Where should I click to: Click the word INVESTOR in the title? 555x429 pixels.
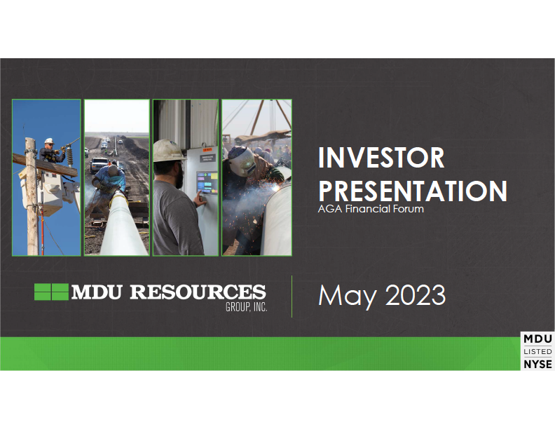coord(381,158)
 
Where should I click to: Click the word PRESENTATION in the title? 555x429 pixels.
coord(413,191)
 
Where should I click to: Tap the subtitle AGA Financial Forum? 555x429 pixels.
coord(371,209)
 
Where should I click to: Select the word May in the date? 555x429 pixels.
coord(347,297)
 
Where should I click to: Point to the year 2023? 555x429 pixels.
coord(415,294)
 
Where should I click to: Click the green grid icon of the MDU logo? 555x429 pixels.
coord(51,292)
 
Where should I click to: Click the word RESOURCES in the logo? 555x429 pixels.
coord(198,292)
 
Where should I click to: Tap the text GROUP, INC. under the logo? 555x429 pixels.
coord(247,307)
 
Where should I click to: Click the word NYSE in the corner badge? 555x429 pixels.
coord(537,365)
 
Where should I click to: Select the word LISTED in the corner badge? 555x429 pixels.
coord(537,351)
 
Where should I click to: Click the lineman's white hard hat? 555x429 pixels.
coord(49,141)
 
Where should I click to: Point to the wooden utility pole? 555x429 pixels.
coord(32,196)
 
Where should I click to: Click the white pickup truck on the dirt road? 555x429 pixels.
coord(98,165)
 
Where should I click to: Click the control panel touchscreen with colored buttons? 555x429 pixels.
coord(207,182)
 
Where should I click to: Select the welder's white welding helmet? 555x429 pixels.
coord(242,161)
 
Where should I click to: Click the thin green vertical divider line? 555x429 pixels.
coord(292,297)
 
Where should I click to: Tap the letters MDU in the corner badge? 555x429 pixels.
coord(537,339)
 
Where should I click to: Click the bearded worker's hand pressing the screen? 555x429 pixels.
coord(200,199)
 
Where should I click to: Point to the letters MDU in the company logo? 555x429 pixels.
coord(97,292)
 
